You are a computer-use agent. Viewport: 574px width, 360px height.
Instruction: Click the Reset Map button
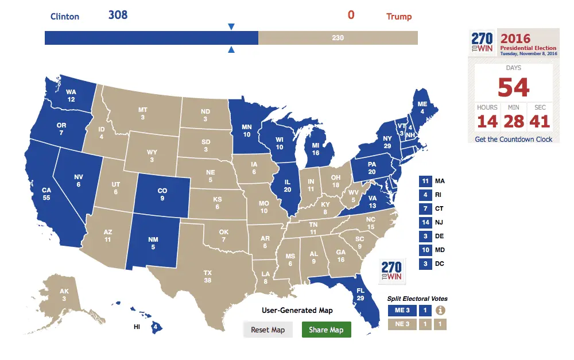tap(267, 330)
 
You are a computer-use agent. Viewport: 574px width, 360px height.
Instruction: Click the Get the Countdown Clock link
tap(513, 140)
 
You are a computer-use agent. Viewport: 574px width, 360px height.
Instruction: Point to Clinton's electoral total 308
tap(118, 15)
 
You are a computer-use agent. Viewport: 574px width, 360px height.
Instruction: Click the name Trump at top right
tap(399, 16)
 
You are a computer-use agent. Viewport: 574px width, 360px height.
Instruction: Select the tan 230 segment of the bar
tap(338, 38)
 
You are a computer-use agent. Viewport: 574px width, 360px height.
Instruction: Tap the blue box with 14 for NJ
tap(425, 222)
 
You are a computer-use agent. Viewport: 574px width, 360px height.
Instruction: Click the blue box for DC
tap(425, 264)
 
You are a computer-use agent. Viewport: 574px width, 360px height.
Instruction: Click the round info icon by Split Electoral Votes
tap(441, 311)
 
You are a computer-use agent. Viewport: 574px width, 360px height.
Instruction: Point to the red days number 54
tap(513, 87)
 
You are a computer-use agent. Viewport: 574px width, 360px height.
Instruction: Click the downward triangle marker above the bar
tap(231, 27)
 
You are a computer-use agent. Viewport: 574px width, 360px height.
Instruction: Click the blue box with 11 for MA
tap(425, 181)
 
